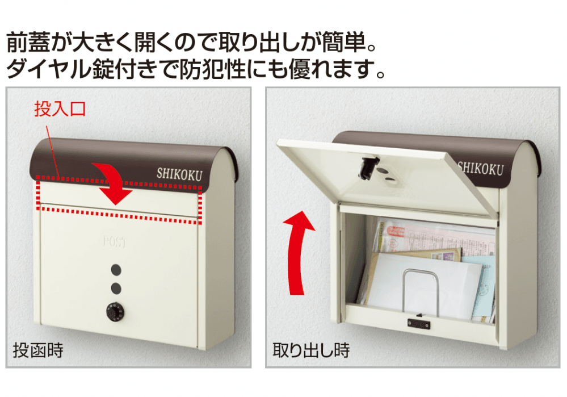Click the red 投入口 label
tap(60, 108)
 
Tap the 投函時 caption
tap(39, 350)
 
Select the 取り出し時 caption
tap(311, 350)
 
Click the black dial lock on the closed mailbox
tap(115, 312)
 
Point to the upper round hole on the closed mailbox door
tap(116, 270)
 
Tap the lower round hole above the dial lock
tap(116, 288)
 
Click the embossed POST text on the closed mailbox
tap(115, 242)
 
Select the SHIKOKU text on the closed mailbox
tap(179, 174)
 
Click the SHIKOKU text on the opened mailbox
tap(481, 169)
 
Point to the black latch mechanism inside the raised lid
tap(368, 168)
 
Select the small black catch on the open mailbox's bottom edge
tap(419, 323)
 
